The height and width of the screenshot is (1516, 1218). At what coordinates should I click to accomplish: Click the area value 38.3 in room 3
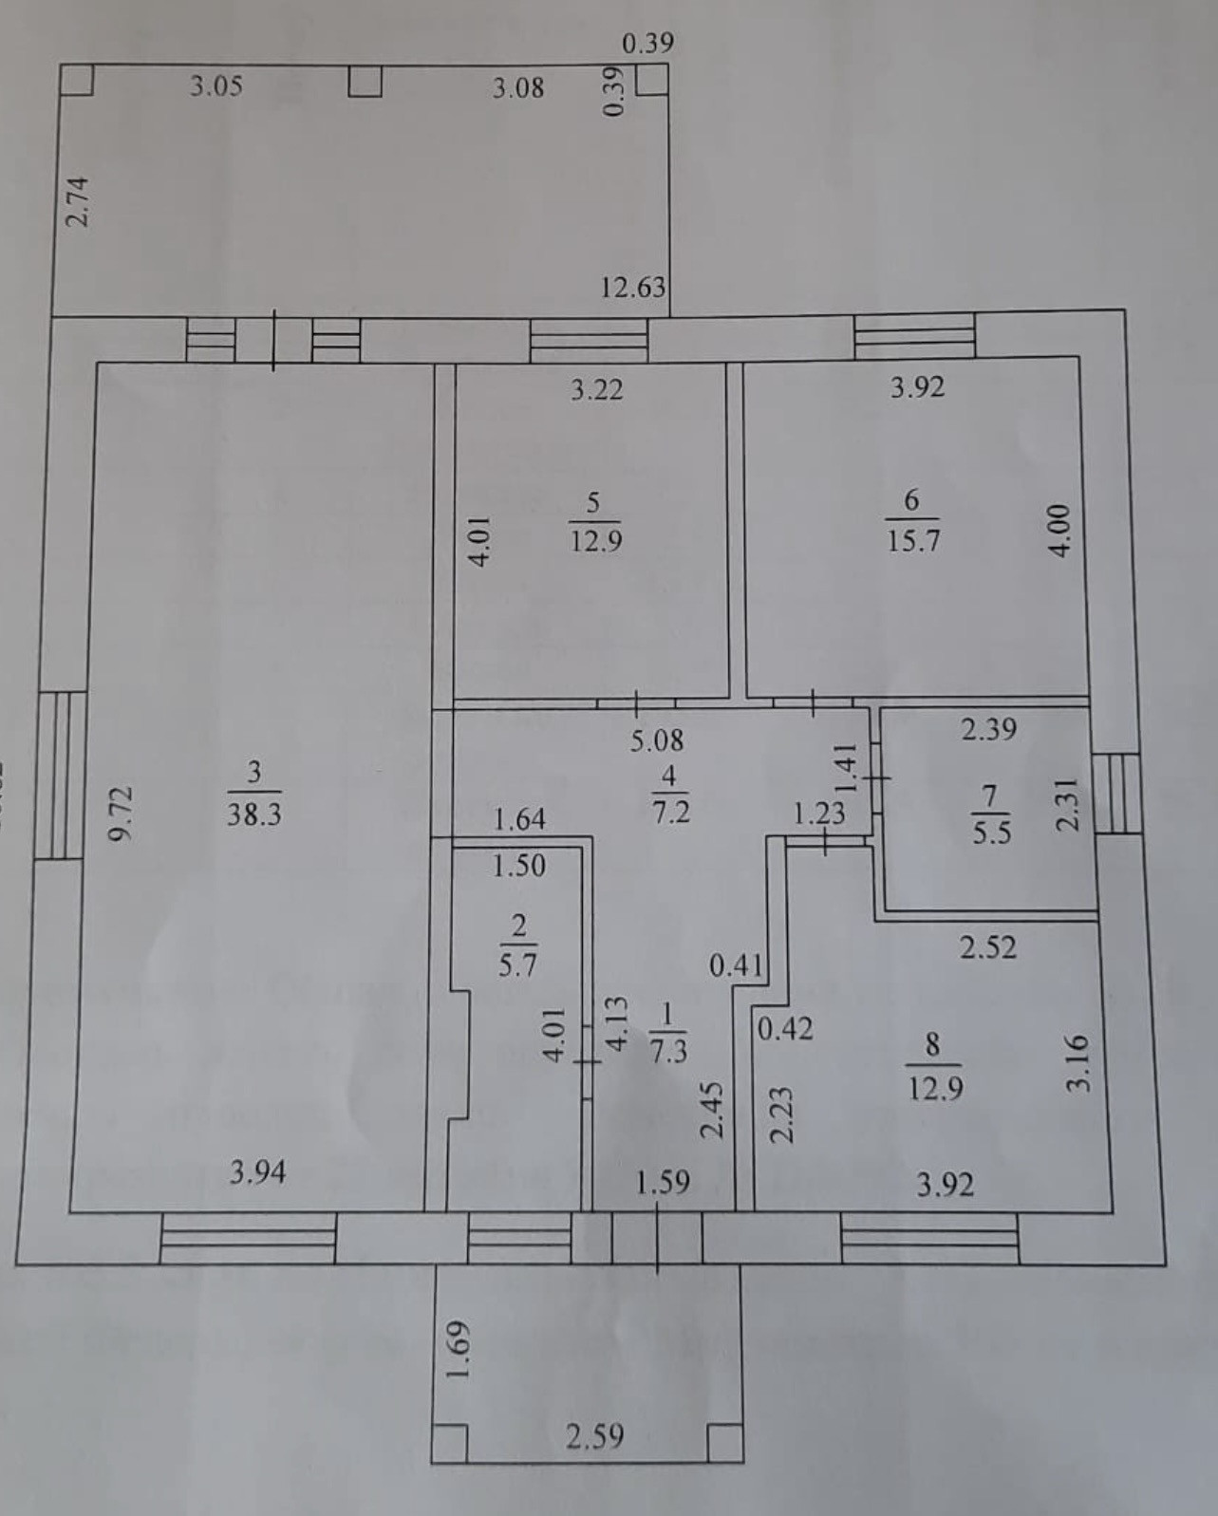(253, 814)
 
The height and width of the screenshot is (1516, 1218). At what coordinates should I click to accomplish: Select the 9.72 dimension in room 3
(121, 813)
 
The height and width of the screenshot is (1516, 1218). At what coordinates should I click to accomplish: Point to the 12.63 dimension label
(633, 286)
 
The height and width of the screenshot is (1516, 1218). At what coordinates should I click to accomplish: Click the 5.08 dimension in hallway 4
(657, 739)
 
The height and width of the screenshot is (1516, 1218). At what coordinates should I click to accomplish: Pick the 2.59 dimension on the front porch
(595, 1436)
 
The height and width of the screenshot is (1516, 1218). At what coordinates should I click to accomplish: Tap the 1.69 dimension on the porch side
(459, 1351)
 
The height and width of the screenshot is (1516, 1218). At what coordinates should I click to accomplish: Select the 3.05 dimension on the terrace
(215, 86)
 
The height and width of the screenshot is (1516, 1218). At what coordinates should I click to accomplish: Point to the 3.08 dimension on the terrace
(518, 88)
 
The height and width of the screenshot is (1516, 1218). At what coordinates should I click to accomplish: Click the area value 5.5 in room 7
(992, 833)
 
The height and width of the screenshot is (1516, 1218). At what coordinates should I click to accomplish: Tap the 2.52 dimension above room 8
(988, 947)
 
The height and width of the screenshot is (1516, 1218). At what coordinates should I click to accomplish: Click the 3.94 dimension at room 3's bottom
(257, 1174)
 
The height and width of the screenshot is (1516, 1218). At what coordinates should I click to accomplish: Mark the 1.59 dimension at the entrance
(663, 1183)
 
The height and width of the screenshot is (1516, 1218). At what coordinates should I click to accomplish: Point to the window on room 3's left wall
(60, 775)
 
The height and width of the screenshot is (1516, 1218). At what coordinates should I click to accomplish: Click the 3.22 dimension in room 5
(596, 389)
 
